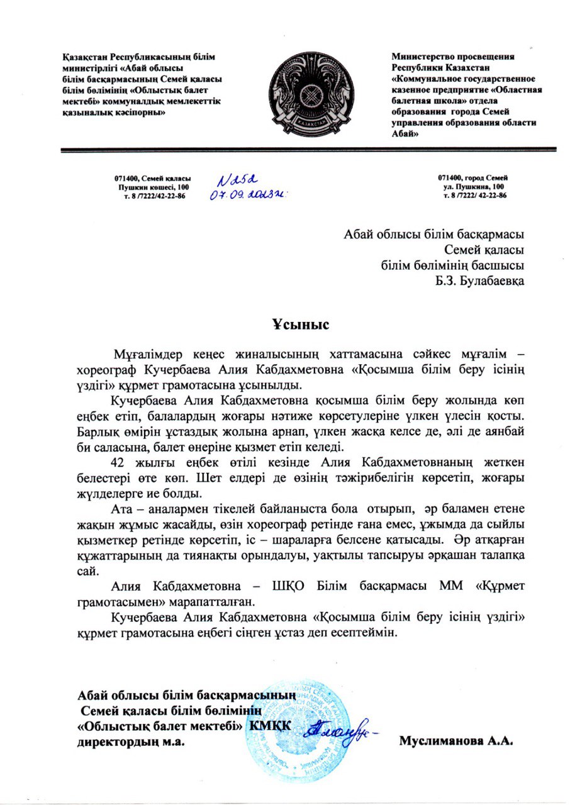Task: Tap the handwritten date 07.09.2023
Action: tap(247, 194)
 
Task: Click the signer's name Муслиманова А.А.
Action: tap(457, 740)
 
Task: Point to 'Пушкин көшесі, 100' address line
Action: tap(150, 187)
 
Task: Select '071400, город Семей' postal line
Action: tap(473, 179)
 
